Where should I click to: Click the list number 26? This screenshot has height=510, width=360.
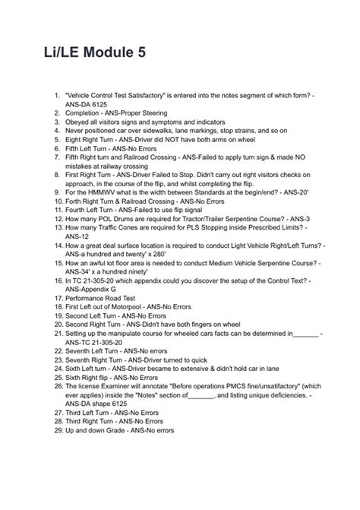click(55, 386)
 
